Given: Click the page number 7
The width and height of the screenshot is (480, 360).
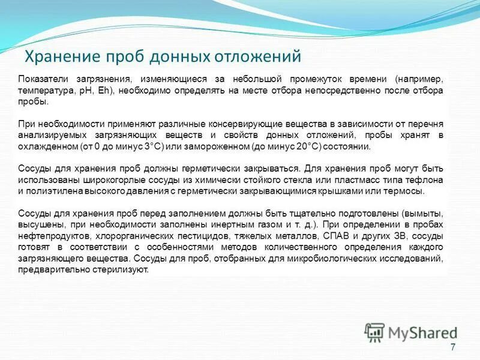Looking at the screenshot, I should (x=452, y=347).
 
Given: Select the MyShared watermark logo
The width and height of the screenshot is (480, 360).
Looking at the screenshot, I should (x=412, y=331).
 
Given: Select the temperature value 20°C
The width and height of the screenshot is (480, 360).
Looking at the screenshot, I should (x=301, y=146).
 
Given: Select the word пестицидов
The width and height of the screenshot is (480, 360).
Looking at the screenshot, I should (x=188, y=236).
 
